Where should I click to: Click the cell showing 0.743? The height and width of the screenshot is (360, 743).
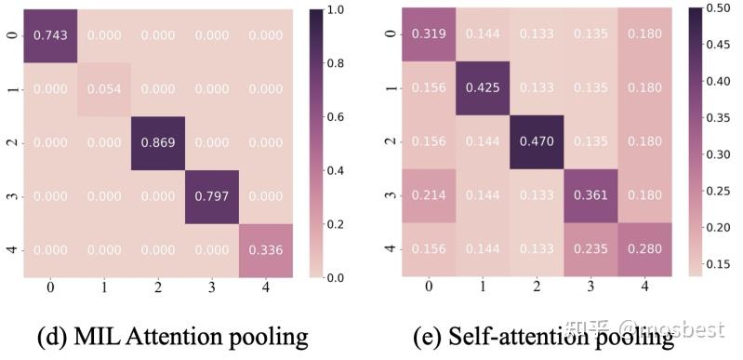[x=49, y=34]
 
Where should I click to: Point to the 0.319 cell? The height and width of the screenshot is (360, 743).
[x=429, y=34]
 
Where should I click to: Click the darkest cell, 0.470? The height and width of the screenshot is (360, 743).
[x=537, y=142]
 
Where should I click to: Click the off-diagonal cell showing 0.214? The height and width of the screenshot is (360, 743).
[x=429, y=196]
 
